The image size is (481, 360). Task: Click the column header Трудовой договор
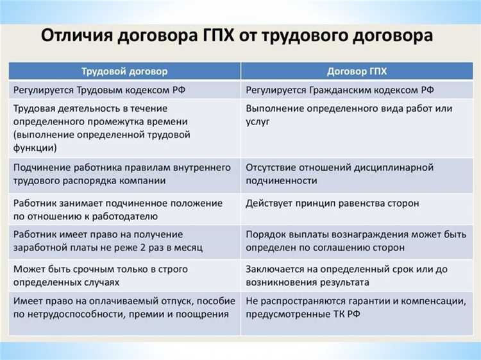(124, 70)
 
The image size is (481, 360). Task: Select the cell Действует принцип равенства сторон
(332, 203)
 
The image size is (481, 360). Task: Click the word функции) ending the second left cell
(35, 147)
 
